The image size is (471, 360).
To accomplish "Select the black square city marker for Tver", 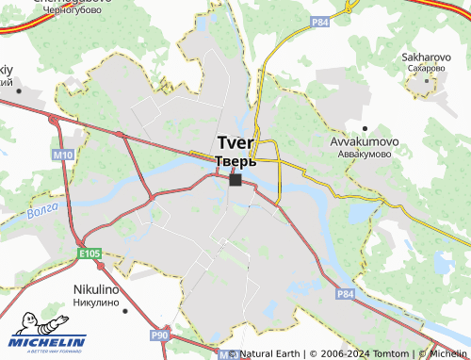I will [x=235, y=179].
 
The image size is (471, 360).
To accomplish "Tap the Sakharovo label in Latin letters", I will [x=429, y=57].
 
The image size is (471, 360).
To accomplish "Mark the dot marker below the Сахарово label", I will [x=427, y=79].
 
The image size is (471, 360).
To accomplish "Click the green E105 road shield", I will [x=89, y=254].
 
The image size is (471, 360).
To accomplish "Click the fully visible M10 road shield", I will [x=63, y=154].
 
